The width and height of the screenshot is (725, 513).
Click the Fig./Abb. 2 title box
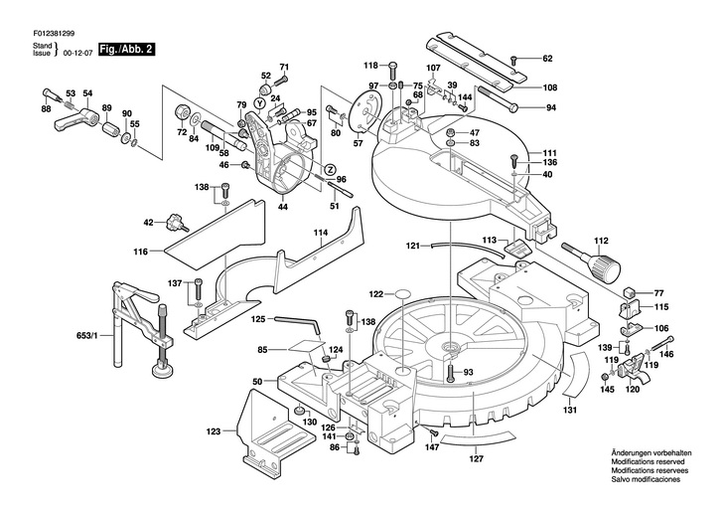coord(126,49)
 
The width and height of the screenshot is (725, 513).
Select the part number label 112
coord(601,241)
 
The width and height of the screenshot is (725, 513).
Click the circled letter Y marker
coord(260,102)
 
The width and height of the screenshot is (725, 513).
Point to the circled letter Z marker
coord(330,169)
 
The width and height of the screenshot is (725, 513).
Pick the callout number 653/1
coord(86,335)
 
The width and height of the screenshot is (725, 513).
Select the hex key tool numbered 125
coord(296,324)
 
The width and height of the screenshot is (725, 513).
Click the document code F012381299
coord(54,34)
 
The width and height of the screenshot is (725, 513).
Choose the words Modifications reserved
coord(648,461)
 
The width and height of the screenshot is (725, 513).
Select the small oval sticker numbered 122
coord(403,294)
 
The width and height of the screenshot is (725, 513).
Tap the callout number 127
coord(476,459)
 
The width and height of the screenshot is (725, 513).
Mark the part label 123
coord(214,432)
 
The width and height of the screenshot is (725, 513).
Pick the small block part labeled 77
coord(630,292)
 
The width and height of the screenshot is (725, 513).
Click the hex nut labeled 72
coord(181,113)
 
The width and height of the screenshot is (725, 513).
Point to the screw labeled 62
coord(513,60)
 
